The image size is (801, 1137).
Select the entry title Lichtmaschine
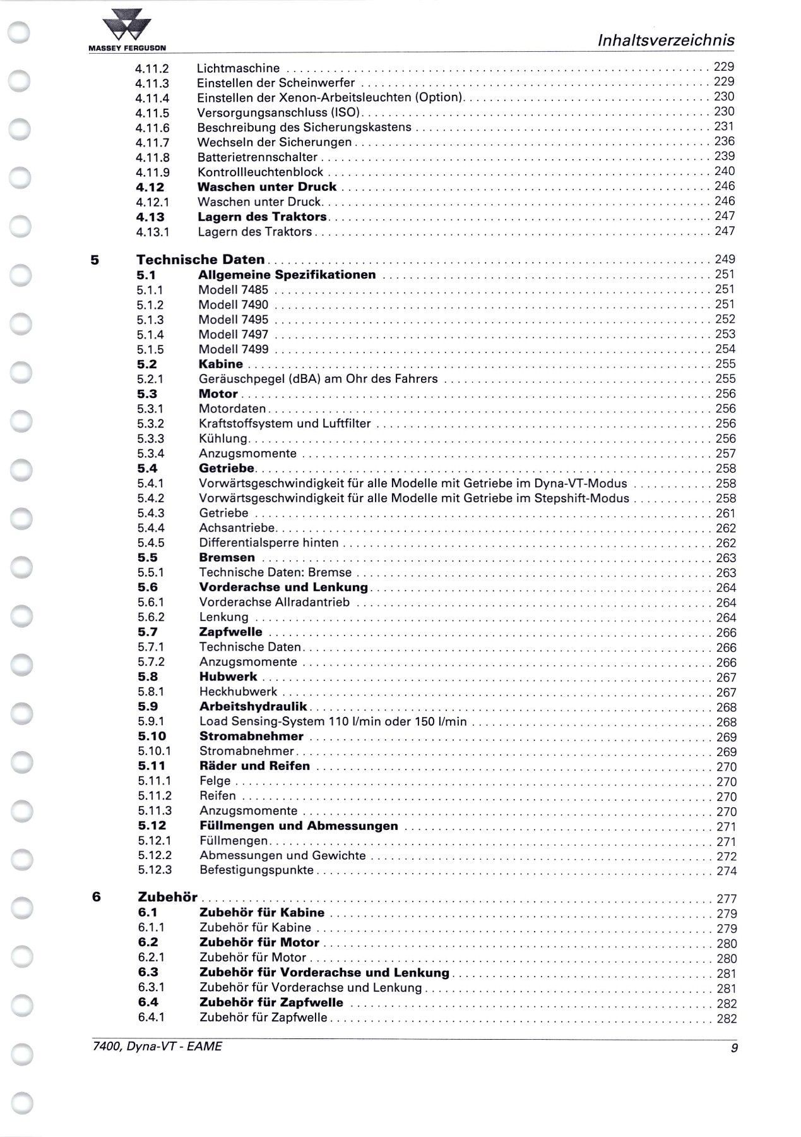[238, 68]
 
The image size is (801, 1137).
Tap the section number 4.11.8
[152, 158]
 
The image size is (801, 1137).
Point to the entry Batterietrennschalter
[257, 157]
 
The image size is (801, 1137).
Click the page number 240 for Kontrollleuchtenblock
[724, 171]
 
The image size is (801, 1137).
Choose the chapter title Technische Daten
[201, 260]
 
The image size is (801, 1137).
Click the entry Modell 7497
[233, 335]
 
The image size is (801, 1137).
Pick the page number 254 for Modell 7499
[725, 349]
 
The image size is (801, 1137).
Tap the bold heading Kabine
[220, 364]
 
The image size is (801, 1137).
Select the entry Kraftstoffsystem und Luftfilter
[285, 424]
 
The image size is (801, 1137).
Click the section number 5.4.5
[151, 543]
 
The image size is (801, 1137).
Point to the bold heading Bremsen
[227, 558]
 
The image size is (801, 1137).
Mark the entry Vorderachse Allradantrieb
[274, 603]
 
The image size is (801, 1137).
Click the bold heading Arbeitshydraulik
[252, 707]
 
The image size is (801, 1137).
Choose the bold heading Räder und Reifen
[254, 766]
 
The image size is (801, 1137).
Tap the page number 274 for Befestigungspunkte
[727, 872]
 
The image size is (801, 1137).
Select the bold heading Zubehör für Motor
[259, 943]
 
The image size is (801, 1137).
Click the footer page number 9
[732, 1047]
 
